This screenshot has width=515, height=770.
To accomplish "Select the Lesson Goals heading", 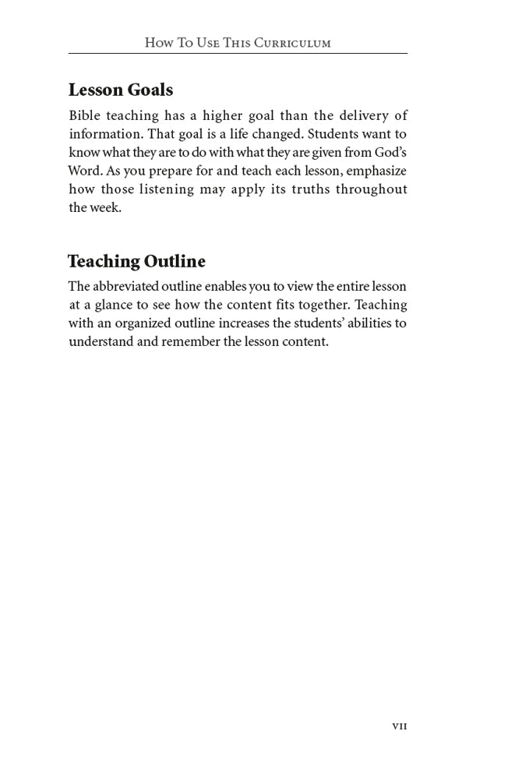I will pyautogui.click(x=121, y=90).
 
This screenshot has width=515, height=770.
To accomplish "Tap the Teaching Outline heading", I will pyautogui.click(x=136, y=261).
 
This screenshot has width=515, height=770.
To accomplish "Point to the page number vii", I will pyautogui.click(x=399, y=726).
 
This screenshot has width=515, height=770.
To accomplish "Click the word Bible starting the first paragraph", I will pyautogui.click(x=84, y=115).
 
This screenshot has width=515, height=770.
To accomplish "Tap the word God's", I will pyautogui.click(x=390, y=153).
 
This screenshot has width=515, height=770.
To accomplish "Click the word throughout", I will pyautogui.click(x=372, y=189).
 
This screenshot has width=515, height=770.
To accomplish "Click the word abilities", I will pyautogui.click(x=363, y=323).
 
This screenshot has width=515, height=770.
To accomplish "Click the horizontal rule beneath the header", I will pyautogui.click(x=238, y=54).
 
